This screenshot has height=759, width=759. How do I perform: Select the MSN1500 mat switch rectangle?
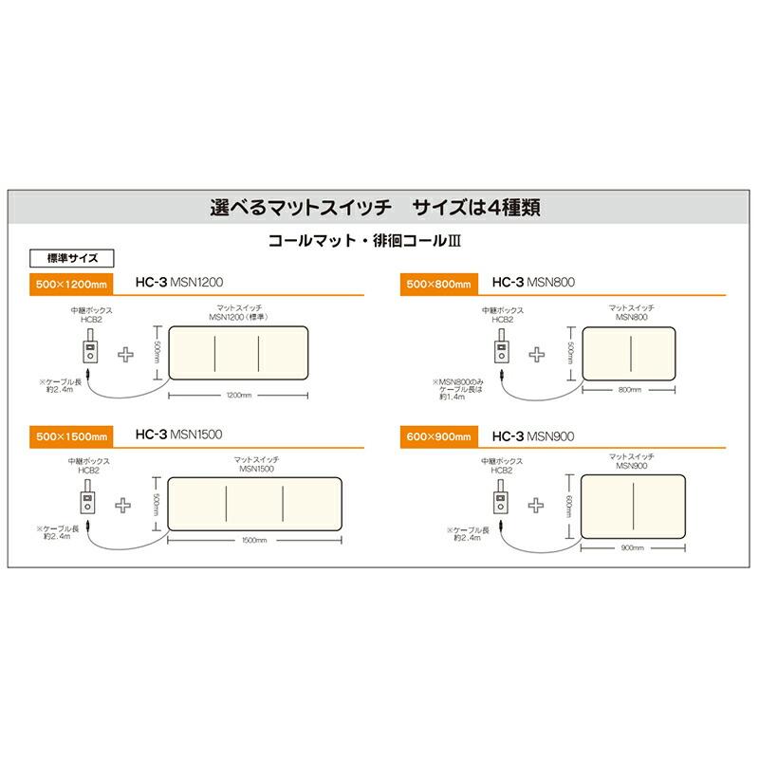253,502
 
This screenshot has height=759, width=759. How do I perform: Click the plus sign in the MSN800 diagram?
536,353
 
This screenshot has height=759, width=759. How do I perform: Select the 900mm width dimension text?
631,548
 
